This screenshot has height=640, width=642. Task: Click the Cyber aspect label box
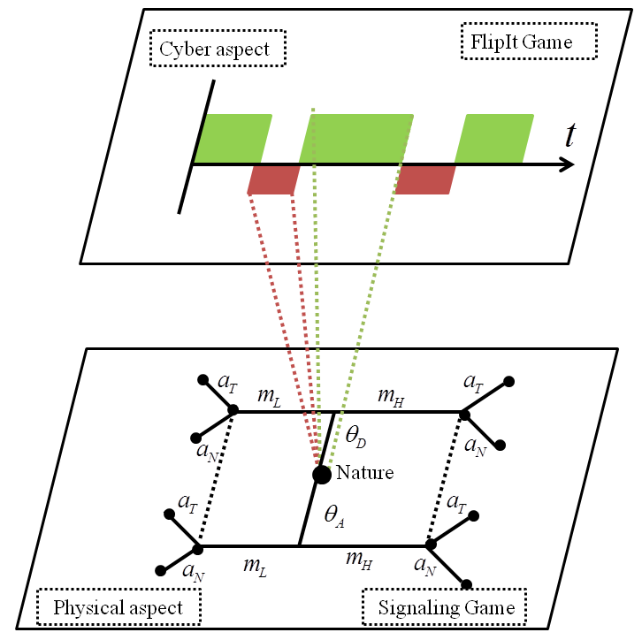[x=218, y=48]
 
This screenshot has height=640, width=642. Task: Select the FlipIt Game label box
[x=529, y=41]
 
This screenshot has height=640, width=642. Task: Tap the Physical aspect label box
[x=118, y=607]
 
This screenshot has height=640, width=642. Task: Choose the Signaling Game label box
[x=445, y=607]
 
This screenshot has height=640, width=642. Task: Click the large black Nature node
[x=321, y=475]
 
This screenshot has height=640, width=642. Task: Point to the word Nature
[x=365, y=473]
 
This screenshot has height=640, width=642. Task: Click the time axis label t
[x=570, y=134]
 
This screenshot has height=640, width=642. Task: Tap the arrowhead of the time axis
[x=567, y=164]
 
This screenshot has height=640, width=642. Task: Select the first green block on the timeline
[x=233, y=139]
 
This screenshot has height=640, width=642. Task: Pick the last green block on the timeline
[x=494, y=139]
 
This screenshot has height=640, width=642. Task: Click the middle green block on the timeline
[x=356, y=139]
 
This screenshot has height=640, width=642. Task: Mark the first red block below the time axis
[x=273, y=179]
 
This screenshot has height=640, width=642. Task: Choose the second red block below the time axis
[x=425, y=179]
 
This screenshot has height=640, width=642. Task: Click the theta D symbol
[x=355, y=436]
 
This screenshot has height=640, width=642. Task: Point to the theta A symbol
[x=334, y=516]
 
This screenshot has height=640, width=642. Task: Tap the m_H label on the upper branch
[x=391, y=397]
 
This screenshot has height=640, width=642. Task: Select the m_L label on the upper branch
[x=270, y=397]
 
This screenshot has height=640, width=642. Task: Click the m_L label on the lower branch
[x=255, y=567]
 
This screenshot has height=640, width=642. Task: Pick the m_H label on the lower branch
[x=359, y=560]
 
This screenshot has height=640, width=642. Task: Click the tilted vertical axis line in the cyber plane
[x=196, y=147]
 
